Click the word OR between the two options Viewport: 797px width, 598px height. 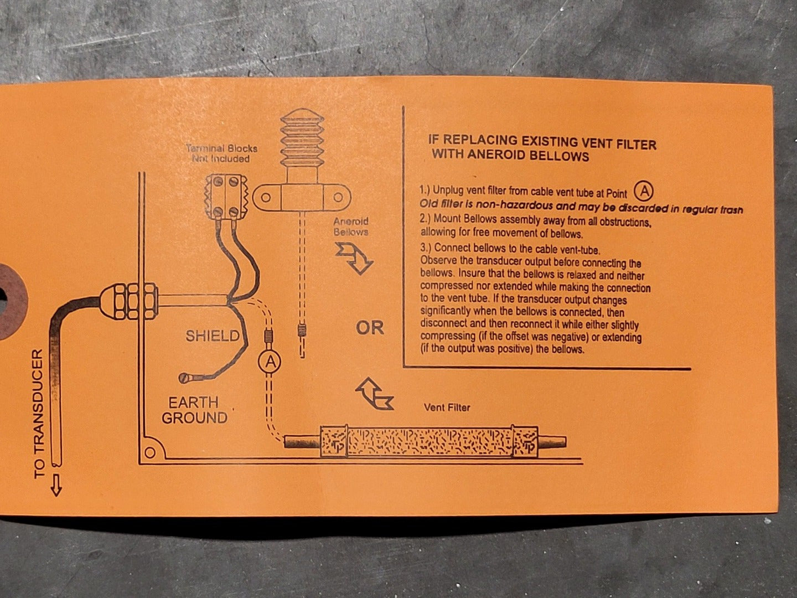(x=370, y=328)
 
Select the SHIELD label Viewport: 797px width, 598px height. (x=213, y=336)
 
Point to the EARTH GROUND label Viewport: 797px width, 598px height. (x=194, y=410)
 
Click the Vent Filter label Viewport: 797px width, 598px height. (x=447, y=408)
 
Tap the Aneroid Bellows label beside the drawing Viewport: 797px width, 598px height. (x=351, y=226)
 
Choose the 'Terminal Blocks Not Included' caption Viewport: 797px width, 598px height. (x=221, y=153)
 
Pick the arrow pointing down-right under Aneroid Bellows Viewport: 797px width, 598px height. (x=354, y=257)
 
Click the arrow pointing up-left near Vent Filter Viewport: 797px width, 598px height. (x=374, y=394)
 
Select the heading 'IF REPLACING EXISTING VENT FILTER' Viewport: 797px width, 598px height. (x=542, y=144)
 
